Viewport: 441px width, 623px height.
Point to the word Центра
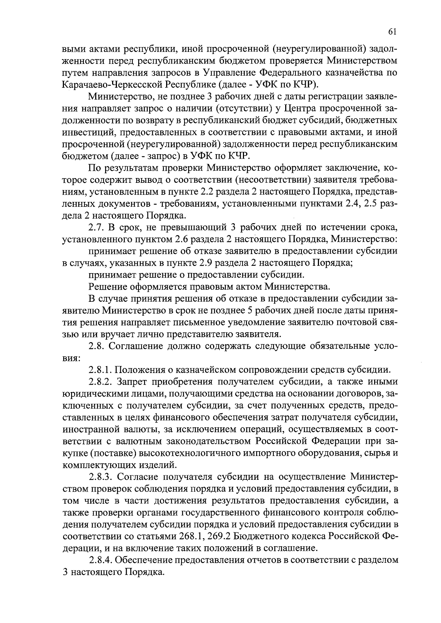click(300, 109)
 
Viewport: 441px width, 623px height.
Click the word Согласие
click(140, 477)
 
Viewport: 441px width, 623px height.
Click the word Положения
click(147, 369)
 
